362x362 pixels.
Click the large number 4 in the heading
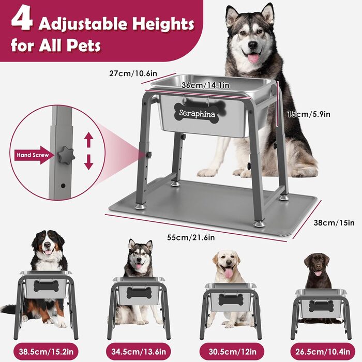point(22,20)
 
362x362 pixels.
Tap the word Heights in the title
point(163,24)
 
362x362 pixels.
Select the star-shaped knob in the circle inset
point(66,155)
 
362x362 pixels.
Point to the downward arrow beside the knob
point(88,162)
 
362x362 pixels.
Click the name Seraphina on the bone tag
point(197,114)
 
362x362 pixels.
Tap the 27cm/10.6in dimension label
point(133,73)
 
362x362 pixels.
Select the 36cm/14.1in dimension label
point(205,85)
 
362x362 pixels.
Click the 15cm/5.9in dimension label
point(309,114)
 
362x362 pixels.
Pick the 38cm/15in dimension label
point(334,223)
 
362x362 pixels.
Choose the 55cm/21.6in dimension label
point(191,237)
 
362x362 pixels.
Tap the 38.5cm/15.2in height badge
point(46,352)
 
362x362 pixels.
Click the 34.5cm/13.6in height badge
point(139,352)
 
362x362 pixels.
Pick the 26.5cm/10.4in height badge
point(323,352)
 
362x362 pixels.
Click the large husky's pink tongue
point(253,58)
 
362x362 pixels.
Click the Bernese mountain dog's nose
point(48,245)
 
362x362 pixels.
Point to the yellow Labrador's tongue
point(229,274)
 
